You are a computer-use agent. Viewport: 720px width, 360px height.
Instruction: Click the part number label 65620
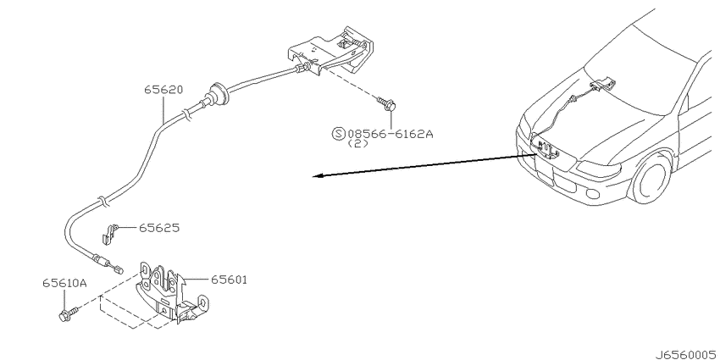tap(163, 90)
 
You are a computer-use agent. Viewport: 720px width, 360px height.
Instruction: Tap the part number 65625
tap(159, 228)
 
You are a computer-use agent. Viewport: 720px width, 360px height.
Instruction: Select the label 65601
tap(229, 280)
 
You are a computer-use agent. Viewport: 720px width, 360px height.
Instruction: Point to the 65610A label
tap(64, 283)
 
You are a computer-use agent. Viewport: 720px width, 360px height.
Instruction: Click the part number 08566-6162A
tap(390, 134)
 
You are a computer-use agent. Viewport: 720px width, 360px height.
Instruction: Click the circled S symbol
tap(338, 134)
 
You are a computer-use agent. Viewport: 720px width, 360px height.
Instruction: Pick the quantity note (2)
tap(357, 144)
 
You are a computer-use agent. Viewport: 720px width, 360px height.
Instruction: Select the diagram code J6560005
tap(686, 354)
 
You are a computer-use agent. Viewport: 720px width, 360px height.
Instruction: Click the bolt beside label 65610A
tap(69, 313)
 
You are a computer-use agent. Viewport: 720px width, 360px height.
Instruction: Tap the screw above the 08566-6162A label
tap(386, 104)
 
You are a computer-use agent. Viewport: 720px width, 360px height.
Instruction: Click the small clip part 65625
tap(109, 232)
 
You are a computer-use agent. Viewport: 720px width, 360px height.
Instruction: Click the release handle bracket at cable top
tap(330, 52)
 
